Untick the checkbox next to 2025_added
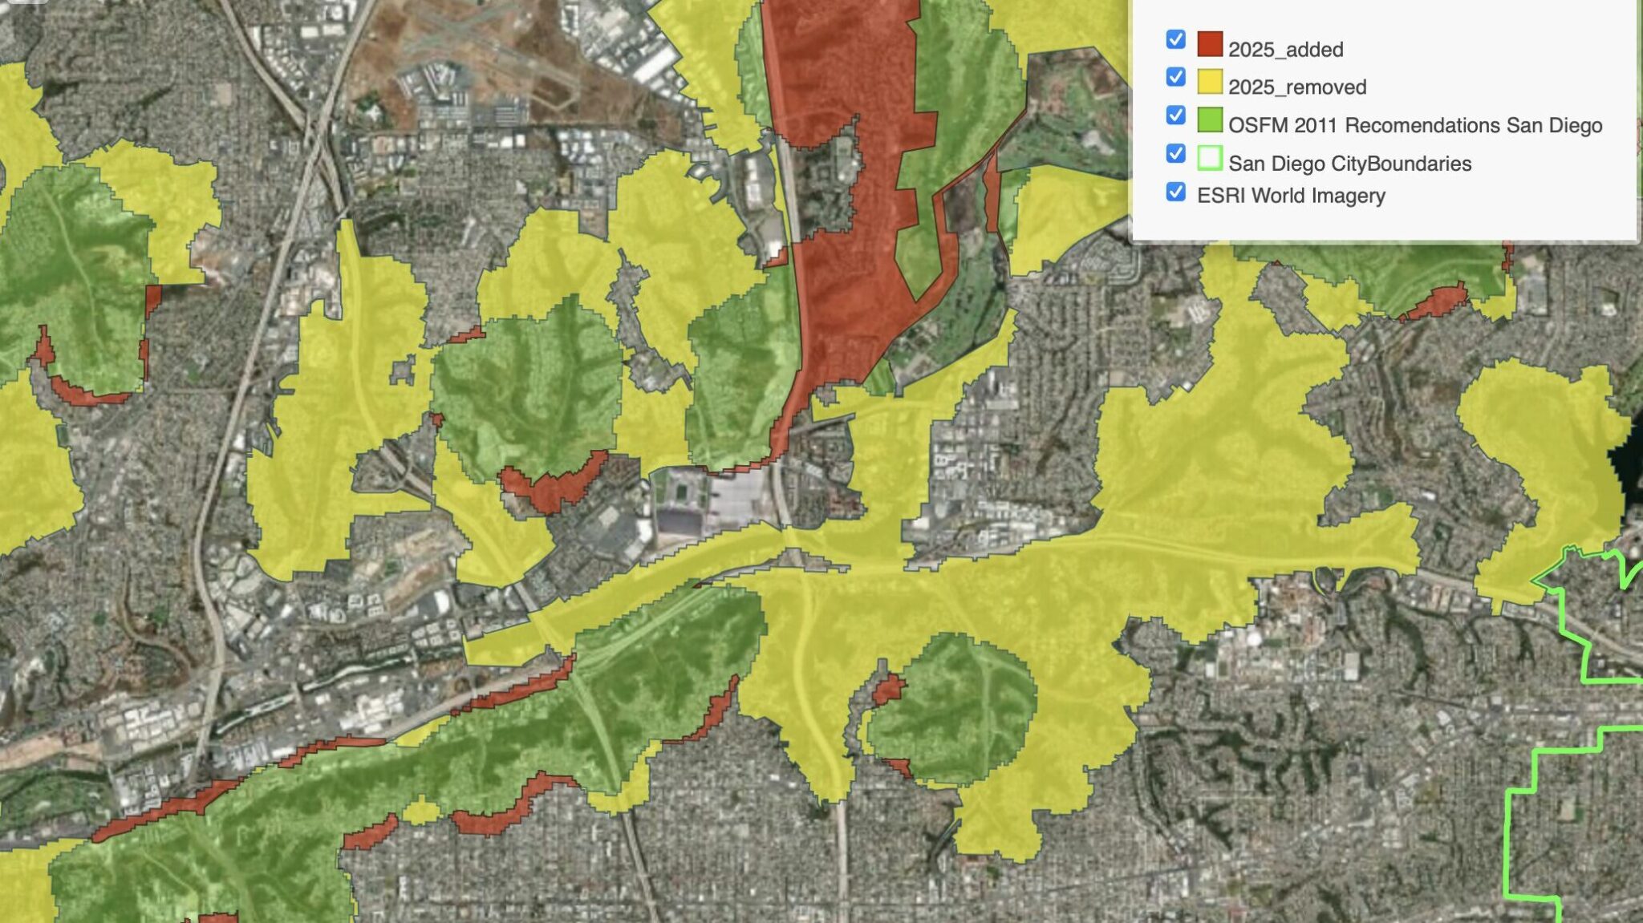[x=1175, y=39]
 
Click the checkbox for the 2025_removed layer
[x=1175, y=77]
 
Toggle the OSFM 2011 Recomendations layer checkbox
[x=1175, y=115]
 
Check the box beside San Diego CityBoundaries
[x=1175, y=153]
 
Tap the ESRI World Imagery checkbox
[x=1175, y=192]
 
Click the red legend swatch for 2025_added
[x=1210, y=44]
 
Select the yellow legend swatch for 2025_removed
[x=1210, y=82]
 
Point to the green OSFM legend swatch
[x=1210, y=120]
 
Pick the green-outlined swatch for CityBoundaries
[x=1210, y=158]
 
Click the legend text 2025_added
[x=1285, y=50]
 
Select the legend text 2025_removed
[x=1296, y=87]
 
